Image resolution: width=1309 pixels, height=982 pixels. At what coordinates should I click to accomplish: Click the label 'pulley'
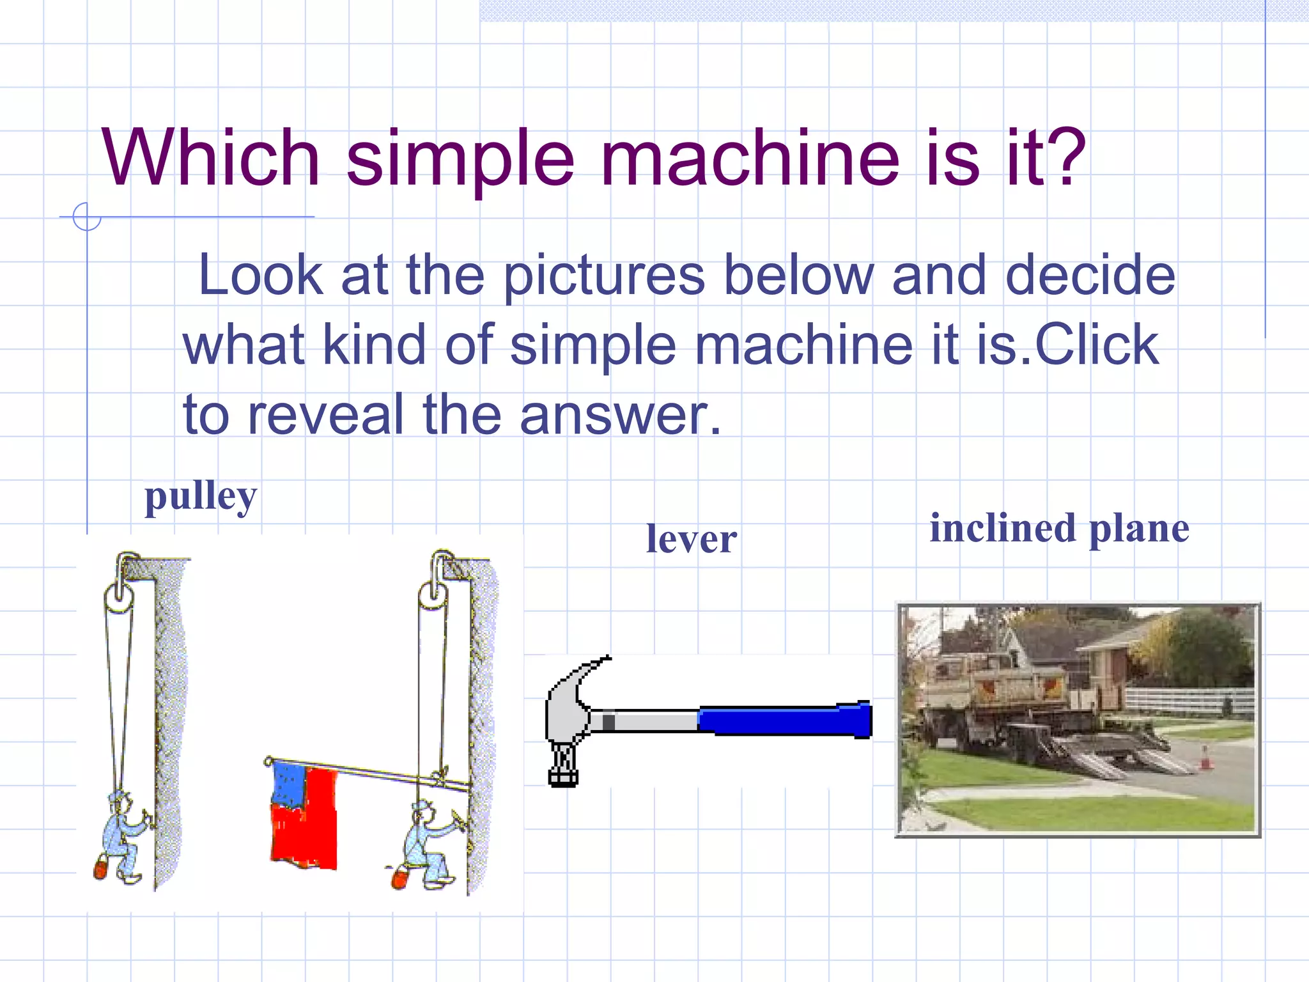[x=201, y=497]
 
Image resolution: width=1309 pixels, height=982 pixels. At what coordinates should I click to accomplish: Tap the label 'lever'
[x=691, y=539]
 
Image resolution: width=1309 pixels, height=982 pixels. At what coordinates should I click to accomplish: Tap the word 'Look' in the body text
[x=261, y=274]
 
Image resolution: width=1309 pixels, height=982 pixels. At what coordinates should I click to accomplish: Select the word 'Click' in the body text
[x=1096, y=344]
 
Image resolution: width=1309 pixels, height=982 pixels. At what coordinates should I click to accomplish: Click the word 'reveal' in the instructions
[x=326, y=414]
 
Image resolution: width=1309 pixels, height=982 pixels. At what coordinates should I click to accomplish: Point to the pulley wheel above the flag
[x=433, y=598]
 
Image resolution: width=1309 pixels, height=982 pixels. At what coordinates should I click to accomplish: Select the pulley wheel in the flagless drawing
[x=119, y=600]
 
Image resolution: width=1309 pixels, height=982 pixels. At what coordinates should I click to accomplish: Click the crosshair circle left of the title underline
[x=86, y=217]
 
